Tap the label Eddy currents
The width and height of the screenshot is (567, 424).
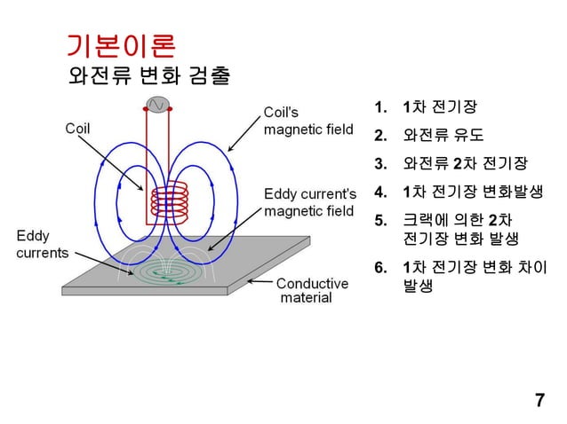43,244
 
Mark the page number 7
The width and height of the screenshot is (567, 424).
539,399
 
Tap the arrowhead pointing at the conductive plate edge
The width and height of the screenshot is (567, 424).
252,282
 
